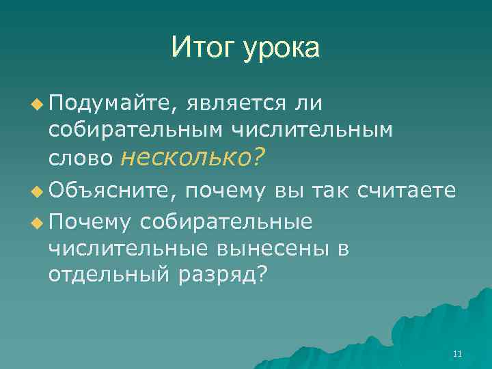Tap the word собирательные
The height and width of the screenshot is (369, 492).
(226, 221)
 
